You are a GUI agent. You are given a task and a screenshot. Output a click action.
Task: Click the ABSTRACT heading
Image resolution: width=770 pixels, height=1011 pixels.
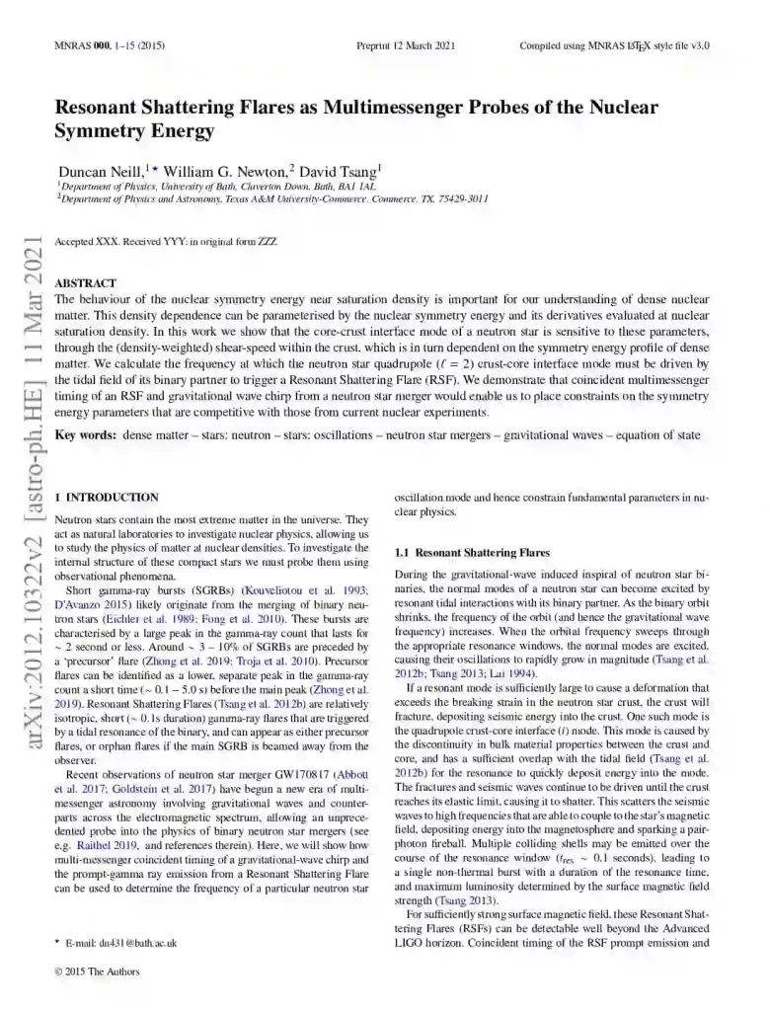[x=85, y=282]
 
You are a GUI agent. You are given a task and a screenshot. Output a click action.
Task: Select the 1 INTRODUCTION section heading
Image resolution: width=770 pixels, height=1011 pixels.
[x=107, y=497]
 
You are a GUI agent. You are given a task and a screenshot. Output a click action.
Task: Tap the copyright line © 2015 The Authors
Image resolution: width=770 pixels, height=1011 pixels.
[x=98, y=972]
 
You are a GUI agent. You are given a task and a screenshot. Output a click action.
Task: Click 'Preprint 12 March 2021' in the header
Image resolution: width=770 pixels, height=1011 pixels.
[x=404, y=45]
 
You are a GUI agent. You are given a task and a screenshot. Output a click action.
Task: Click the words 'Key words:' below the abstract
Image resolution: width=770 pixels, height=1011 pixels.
[x=83, y=434]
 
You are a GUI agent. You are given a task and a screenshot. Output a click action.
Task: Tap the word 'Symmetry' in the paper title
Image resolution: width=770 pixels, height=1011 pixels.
[x=103, y=131]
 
